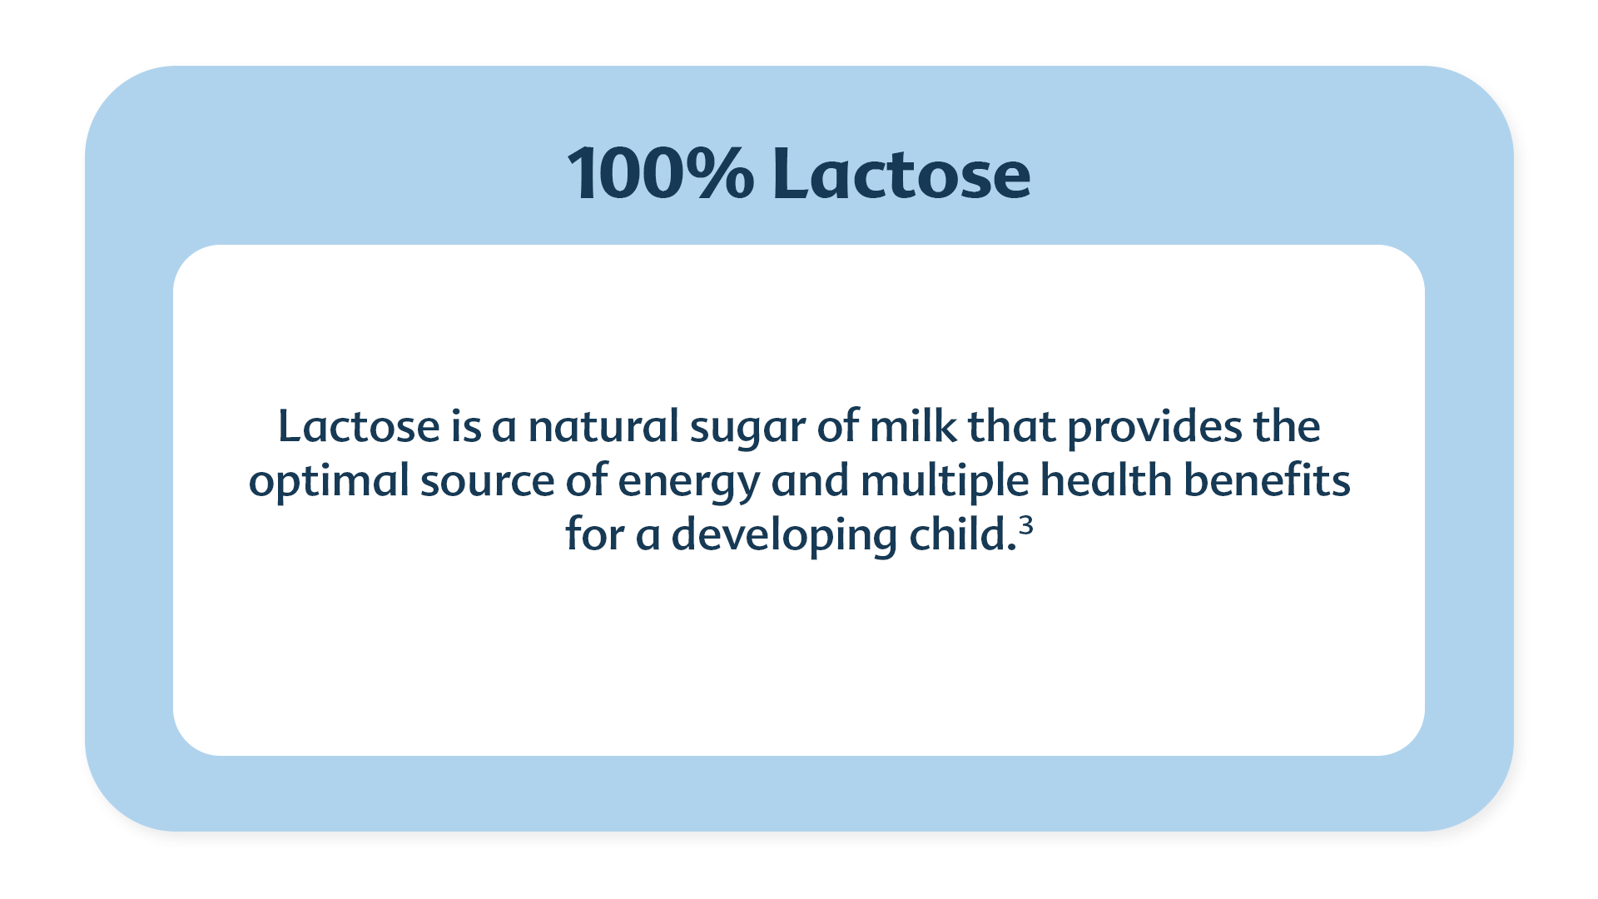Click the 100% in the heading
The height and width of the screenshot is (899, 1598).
[661, 174]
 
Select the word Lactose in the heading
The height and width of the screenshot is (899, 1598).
[902, 174]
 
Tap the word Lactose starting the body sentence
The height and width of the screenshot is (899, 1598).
[359, 426]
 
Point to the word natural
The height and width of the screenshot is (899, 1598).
[604, 426]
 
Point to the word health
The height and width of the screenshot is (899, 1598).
[1106, 480]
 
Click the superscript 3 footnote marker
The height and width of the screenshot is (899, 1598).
[1025, 525]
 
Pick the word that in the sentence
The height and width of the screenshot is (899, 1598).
[1012, 426]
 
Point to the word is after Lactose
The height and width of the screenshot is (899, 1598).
[466, 426]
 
